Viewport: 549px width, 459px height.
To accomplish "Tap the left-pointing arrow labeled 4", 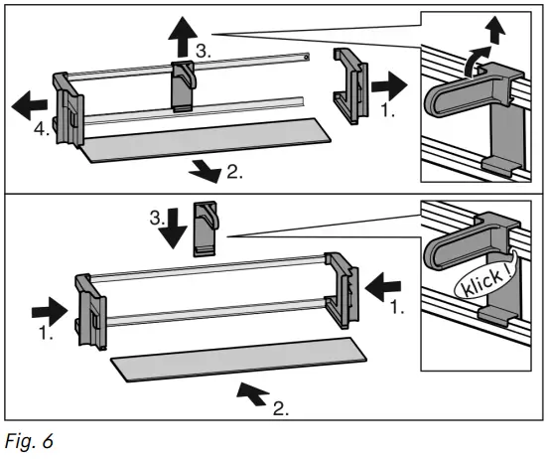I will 30,100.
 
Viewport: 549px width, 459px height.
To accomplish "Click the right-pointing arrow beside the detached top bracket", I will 390,84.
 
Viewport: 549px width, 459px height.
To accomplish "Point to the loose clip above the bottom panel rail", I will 206,227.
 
